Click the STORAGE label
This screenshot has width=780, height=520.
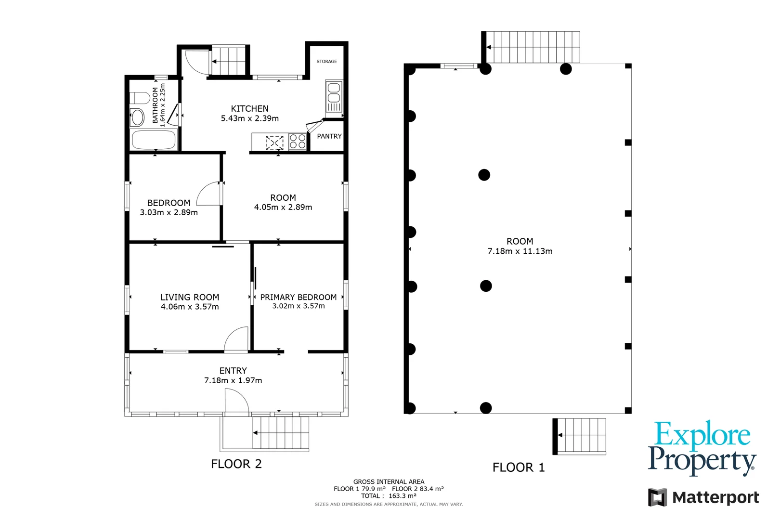coord(326,62)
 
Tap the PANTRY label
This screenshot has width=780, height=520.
coord(329,136)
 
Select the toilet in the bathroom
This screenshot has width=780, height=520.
coord(140,98)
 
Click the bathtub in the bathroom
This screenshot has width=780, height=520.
coord(154,140)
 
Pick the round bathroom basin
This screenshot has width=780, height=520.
coord(138,117)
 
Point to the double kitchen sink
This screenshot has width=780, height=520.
coord(334,97)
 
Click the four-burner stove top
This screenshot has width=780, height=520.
coord(298,142)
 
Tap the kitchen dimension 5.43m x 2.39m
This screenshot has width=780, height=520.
coord(249,118)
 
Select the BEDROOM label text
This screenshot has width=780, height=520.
coord(169,203)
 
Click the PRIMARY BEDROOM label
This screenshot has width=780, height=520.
coord(298,297)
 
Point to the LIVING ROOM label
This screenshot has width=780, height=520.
coord(190,297)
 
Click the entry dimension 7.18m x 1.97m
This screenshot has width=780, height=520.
coord(233,380)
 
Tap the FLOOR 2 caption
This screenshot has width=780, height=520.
coord(236,464)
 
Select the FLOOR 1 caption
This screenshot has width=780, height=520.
coord(518,467)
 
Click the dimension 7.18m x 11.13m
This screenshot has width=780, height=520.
coord(520,251)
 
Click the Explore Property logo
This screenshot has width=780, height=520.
coord(702,448)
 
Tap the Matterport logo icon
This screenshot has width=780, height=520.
coord(657,497)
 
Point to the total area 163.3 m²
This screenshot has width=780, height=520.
coord(402,495)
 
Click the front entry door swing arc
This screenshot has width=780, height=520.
coord(237,401)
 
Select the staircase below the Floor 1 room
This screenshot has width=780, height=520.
coord(581,435)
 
